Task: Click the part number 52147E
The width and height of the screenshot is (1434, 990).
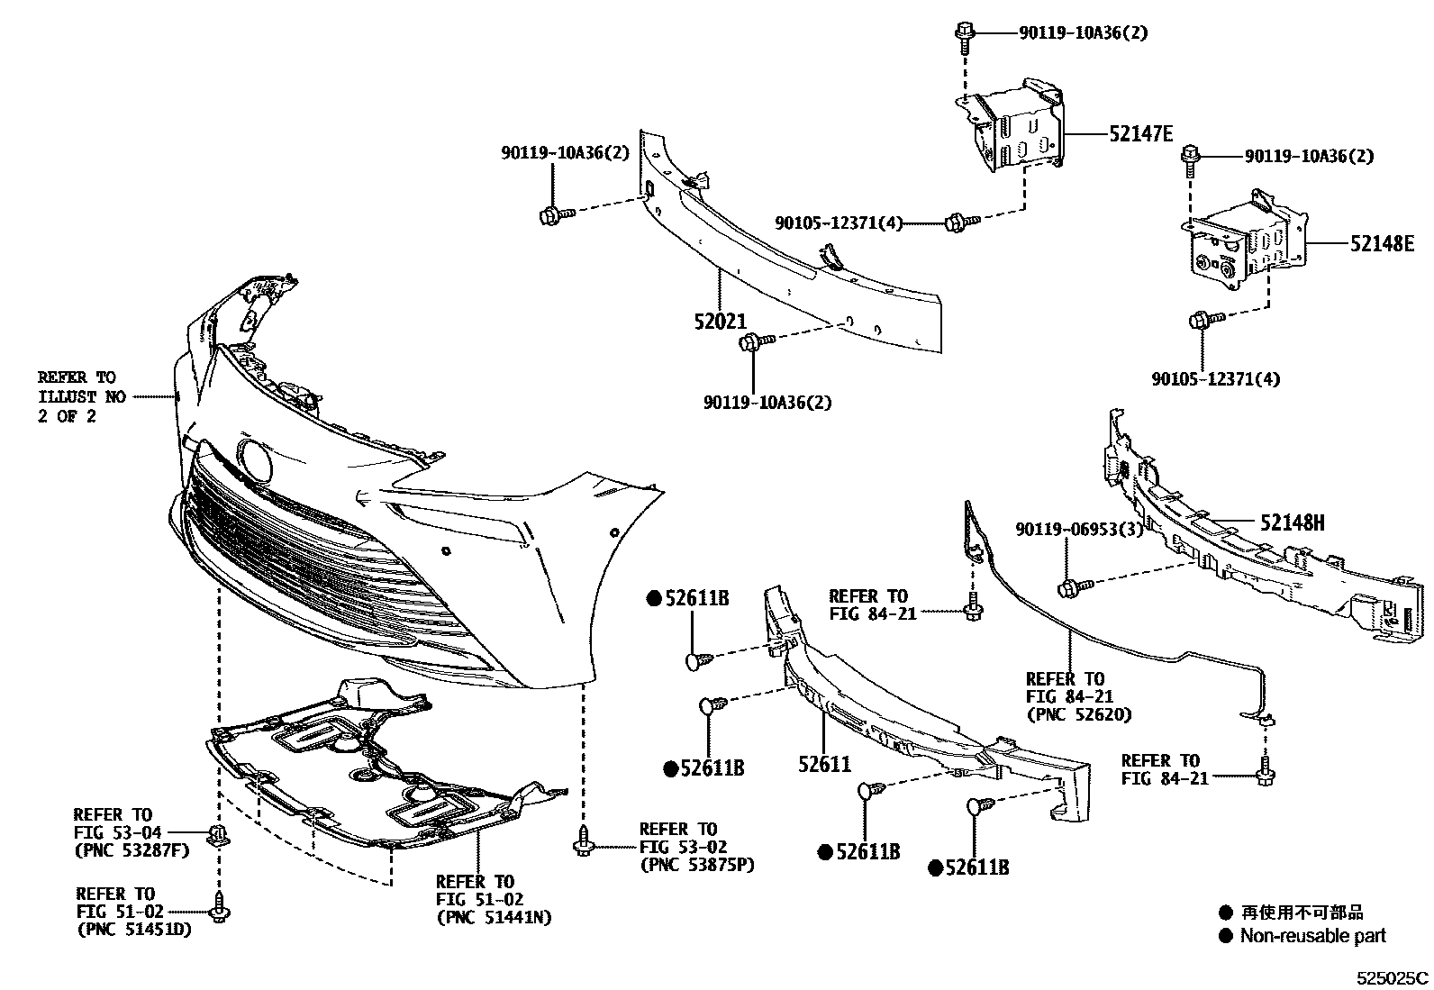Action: pos(1140,134)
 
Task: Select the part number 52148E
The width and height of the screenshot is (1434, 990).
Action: pos(1382,243)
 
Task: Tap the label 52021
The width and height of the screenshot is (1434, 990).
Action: pos(720,320)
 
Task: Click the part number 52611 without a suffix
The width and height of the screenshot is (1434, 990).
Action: pos(824,764)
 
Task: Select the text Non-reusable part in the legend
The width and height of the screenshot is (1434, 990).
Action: pos(1312,936)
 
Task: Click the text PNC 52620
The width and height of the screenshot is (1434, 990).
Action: pos(1079,714)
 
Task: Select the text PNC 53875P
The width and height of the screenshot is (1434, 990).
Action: pos(697,865)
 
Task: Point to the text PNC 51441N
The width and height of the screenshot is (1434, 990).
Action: pos(494,918)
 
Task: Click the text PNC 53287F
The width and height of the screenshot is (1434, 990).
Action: pos(132,849)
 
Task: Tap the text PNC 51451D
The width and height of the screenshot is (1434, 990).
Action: pos(134,930)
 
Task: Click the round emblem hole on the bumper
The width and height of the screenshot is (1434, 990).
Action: pos(255,461)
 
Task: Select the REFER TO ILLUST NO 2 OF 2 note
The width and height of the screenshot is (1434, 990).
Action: pos(77,397)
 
